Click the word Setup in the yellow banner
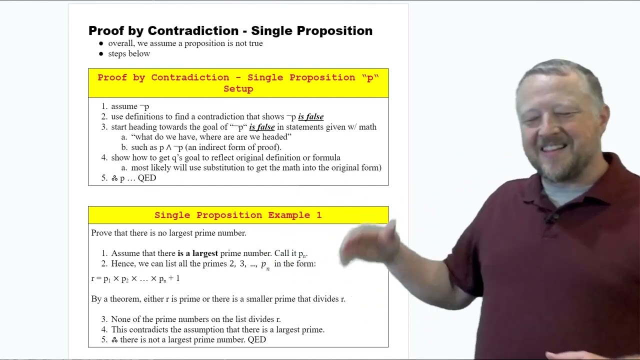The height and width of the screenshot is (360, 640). pyautogui.click(x=238, y=89)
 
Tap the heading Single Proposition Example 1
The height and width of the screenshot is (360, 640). pyautogui.click(x=238, y=215)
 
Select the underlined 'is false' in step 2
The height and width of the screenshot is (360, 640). pyautogui.click(x=310, y=117)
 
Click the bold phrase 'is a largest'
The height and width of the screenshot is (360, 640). pyautogui.click(x=197, y=253)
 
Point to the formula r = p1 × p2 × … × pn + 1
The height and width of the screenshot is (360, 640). pyautogui.click(x=135, y=278)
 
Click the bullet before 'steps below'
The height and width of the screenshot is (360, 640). pyautogui.click(x=101, y=54)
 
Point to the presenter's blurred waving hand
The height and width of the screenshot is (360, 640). pyautogui.click(x=367, y=245)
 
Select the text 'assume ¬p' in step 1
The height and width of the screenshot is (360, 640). pyautogui.click(x=130, y=106)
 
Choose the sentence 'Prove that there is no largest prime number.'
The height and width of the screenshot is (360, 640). pyautogui.click(x=168, y=233)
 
